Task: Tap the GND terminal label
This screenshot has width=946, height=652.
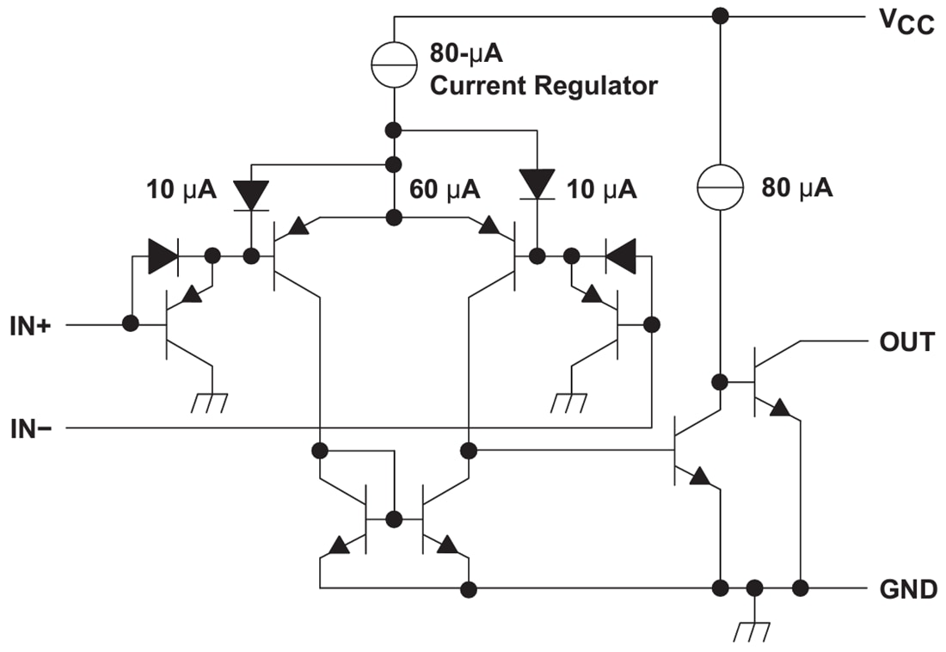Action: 907,589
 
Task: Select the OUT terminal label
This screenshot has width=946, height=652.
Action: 906,341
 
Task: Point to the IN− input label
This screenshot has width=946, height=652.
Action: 32,427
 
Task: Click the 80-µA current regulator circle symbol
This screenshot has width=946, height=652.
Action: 394,64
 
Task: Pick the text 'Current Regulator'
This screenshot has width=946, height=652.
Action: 544,86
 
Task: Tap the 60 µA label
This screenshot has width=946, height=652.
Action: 445,189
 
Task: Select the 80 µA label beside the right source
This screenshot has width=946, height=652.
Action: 796,188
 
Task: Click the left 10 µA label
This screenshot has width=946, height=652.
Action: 181,189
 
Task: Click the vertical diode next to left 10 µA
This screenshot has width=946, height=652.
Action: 251,195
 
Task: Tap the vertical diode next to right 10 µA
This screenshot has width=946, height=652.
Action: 538,183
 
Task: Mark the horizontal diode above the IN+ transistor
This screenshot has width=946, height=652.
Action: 163,256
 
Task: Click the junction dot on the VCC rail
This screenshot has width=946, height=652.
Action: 720,15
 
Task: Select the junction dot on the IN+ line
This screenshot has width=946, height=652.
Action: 131,324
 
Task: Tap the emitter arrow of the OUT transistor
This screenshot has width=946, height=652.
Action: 779,408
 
